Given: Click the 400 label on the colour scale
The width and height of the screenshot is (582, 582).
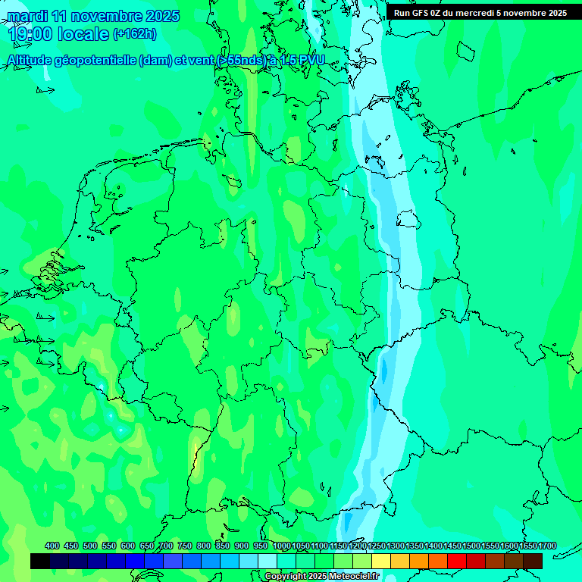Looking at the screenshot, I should [52, 546].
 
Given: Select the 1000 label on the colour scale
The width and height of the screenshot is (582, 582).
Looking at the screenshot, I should [282, 546].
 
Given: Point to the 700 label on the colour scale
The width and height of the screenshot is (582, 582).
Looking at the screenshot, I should [166, 546].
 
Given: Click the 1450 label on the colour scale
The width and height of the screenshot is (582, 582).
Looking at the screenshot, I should [452, 546].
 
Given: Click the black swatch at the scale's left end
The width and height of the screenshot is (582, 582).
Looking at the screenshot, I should [40, 561].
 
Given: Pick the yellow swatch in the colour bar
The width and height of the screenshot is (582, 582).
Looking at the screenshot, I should [382, 561].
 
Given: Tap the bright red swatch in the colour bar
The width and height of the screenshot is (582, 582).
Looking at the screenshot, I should [456, 561].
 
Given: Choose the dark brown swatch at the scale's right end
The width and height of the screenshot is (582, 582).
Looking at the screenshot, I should [533, 561].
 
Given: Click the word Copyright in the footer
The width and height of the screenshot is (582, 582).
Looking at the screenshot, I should [286, 577].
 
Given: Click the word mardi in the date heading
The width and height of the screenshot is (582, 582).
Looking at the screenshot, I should [27, 16].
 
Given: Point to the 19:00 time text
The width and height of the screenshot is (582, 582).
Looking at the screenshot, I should [30, 34].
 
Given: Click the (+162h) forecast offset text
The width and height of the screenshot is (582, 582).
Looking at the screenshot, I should [135, 34].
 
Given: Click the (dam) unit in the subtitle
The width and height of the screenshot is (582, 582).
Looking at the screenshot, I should [155, 61].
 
